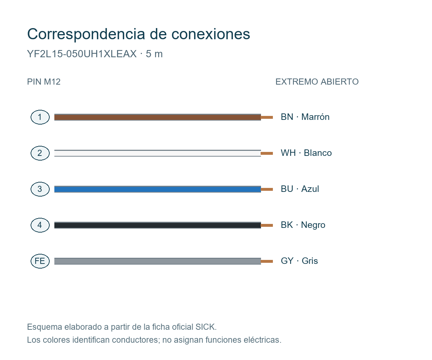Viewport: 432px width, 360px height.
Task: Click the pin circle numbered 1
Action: pos(40,117)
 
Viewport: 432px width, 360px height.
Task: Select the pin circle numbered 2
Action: pos(40,153)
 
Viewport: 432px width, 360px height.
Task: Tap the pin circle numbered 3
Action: pos(40,189)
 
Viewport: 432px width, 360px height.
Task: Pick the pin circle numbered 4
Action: pos(40,225)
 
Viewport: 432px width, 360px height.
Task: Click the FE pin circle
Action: pos(40,261)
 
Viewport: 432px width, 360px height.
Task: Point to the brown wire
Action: pos(157,117)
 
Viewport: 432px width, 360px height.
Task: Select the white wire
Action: pos(157,153)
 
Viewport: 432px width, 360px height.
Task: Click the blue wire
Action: pos(157,189)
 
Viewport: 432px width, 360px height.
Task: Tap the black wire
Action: pos(157,225)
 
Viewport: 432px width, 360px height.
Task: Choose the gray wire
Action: pos(157,261)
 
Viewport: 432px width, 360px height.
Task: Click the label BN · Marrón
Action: pos(305,117)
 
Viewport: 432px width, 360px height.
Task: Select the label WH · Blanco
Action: pos(306,153)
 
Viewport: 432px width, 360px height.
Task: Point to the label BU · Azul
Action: pos(300,189)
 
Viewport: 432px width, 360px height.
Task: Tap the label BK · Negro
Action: pos(303,225)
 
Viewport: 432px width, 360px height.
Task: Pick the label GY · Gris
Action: pos(299,261)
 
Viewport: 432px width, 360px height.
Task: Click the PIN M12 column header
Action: pos(44,82)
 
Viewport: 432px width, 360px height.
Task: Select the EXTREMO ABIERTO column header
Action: pos(317,82)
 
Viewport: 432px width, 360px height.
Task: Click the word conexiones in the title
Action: pos(211,34)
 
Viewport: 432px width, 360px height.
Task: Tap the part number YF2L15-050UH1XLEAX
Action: pos(82,54)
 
